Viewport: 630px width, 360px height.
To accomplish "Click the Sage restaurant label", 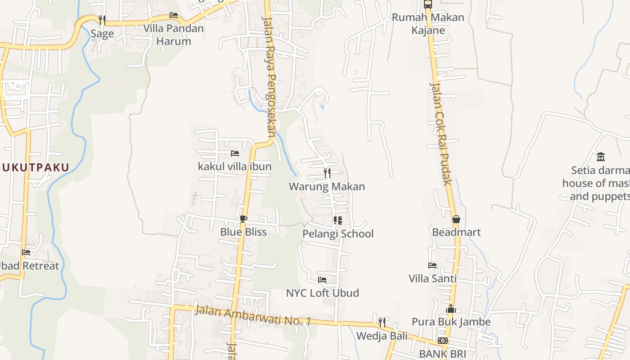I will (x=102, y=34).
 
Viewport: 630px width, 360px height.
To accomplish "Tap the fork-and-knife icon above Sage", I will (x=102, y=20).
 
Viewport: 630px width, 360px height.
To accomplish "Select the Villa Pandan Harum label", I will (x=173, y=35).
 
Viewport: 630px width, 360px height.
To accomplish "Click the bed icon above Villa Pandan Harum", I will (x=173, y=15).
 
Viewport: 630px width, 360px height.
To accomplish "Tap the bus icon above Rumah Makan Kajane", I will (x=427, y=4).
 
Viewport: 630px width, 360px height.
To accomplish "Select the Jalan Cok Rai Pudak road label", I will (x=440, y=133).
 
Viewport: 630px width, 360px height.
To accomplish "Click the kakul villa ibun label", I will (x=234, y=166).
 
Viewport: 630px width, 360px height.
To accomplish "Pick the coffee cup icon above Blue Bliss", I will (x=243, y=219).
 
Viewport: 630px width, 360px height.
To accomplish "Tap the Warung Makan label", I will (x=327, y=186).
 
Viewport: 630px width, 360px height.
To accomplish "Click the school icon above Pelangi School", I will (x=338, y=220).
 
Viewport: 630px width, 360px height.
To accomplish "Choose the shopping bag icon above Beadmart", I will (x=456, y=219).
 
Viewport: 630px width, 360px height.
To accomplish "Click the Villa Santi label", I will (x=432, y=279).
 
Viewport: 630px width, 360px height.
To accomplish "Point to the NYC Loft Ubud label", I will (x=323, y=293).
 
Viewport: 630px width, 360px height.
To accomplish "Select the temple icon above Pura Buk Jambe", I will (x=451, y=309).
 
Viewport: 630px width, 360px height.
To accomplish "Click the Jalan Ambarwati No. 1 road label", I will (x=253, y=315).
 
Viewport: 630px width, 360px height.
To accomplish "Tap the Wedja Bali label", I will (x=382, y=336).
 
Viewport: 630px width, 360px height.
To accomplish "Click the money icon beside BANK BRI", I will (x=443, y=341).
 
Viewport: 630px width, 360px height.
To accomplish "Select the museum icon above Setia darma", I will (x=601, y=157).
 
